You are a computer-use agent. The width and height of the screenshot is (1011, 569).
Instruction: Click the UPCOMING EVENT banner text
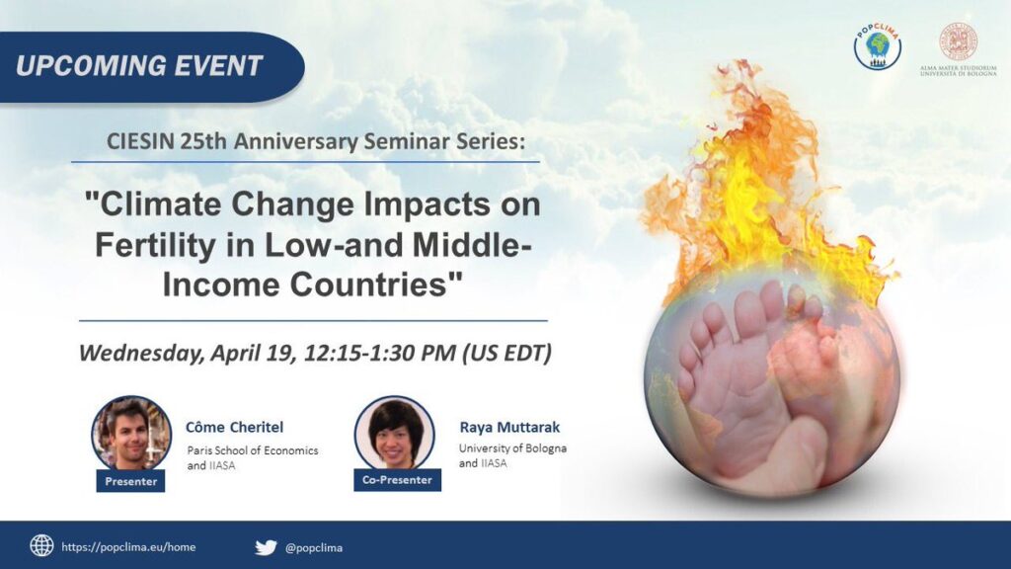point(139,66)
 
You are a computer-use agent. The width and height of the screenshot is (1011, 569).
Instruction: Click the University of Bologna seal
point(958,41)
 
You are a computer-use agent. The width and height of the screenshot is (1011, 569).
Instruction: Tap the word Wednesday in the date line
point(142,353)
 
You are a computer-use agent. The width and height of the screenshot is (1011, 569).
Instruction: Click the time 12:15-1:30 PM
point(380,353)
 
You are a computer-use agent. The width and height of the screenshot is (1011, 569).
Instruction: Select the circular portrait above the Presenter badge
point(131,434)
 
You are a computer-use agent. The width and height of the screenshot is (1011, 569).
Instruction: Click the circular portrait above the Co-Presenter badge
point(395,433)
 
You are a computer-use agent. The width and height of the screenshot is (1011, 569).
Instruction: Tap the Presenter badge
point(131,481)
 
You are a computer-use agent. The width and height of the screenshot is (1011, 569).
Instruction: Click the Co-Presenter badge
point(397,480)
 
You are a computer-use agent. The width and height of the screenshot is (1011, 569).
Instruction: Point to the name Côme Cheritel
point(234,427)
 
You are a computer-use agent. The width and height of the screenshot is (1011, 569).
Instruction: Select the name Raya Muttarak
point(509,427)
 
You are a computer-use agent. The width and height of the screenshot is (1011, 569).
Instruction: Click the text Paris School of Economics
point(253,450)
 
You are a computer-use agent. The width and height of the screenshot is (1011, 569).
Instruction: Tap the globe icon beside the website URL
point(41,545)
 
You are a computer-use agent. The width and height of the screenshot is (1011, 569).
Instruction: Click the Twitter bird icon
point(266,547)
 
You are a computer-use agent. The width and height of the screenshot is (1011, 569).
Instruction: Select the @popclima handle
point(314,548)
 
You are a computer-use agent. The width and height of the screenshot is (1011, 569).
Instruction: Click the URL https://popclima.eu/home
point(128,547)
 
